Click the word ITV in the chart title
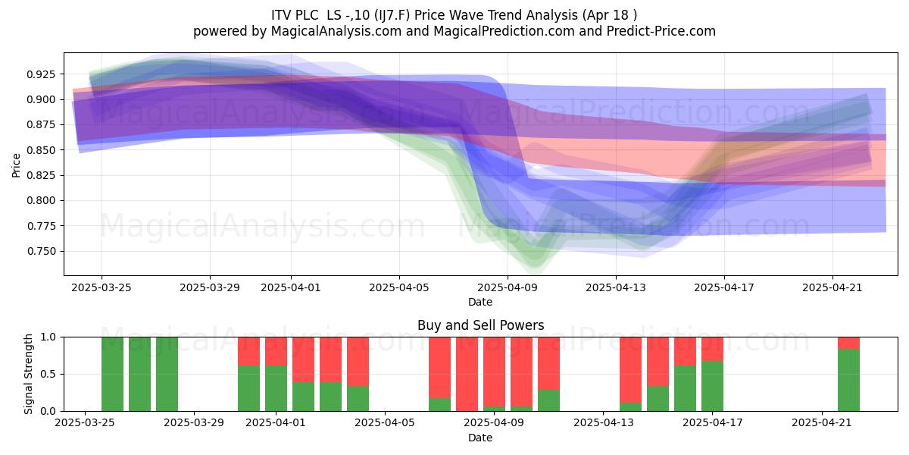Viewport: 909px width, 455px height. pos(282,15)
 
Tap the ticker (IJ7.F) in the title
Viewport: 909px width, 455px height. pos(393,15)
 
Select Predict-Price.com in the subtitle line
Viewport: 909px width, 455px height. pos(661,31)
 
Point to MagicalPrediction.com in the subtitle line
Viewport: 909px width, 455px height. pos(504,31)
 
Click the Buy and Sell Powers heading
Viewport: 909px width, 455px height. pos(480,325)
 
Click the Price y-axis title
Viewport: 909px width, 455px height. pos(16,165)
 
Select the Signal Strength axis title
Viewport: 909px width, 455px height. pos(28,374)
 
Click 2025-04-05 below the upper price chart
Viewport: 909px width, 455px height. pos(399,288)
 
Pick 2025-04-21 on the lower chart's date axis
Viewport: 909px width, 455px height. pos(822,423)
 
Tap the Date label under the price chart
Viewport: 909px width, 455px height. pos(480,303)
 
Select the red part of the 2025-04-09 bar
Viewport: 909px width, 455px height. pos(494,372)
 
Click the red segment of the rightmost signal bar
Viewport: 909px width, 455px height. pos(848,344)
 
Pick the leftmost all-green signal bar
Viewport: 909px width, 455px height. pos(112,374)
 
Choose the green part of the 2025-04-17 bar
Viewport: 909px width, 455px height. pos(712,386)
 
